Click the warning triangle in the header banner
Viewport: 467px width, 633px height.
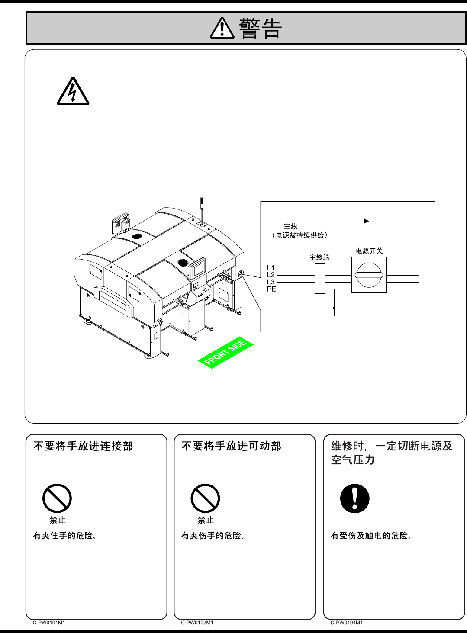coord(222,29)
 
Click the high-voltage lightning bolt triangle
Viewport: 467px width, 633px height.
coord(73,92)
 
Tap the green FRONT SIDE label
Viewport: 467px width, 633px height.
coord(225,353)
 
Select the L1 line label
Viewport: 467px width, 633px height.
coord(271,268)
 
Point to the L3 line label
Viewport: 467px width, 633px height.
coord(271,282)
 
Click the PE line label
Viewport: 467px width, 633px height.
coord(271,289)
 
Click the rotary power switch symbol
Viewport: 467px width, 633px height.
coord(369,275)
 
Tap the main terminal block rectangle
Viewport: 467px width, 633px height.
coord(320,278)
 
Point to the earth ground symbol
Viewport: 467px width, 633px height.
coord(334,318)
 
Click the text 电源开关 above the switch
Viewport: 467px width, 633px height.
coord(369,251)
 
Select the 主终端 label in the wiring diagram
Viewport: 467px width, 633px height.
coord(319,257)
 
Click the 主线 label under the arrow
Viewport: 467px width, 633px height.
coord(290,226)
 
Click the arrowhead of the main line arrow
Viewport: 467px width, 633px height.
coord(366,221)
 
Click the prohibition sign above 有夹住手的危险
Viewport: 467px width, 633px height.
coord(57,498)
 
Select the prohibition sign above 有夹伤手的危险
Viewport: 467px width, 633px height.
coord(206,498)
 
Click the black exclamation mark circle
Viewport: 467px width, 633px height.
coord(355,498)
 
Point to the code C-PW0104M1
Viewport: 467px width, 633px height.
coord(347,623)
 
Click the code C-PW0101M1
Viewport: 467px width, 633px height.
coord(49,623)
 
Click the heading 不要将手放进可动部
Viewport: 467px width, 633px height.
coord(231,446)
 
